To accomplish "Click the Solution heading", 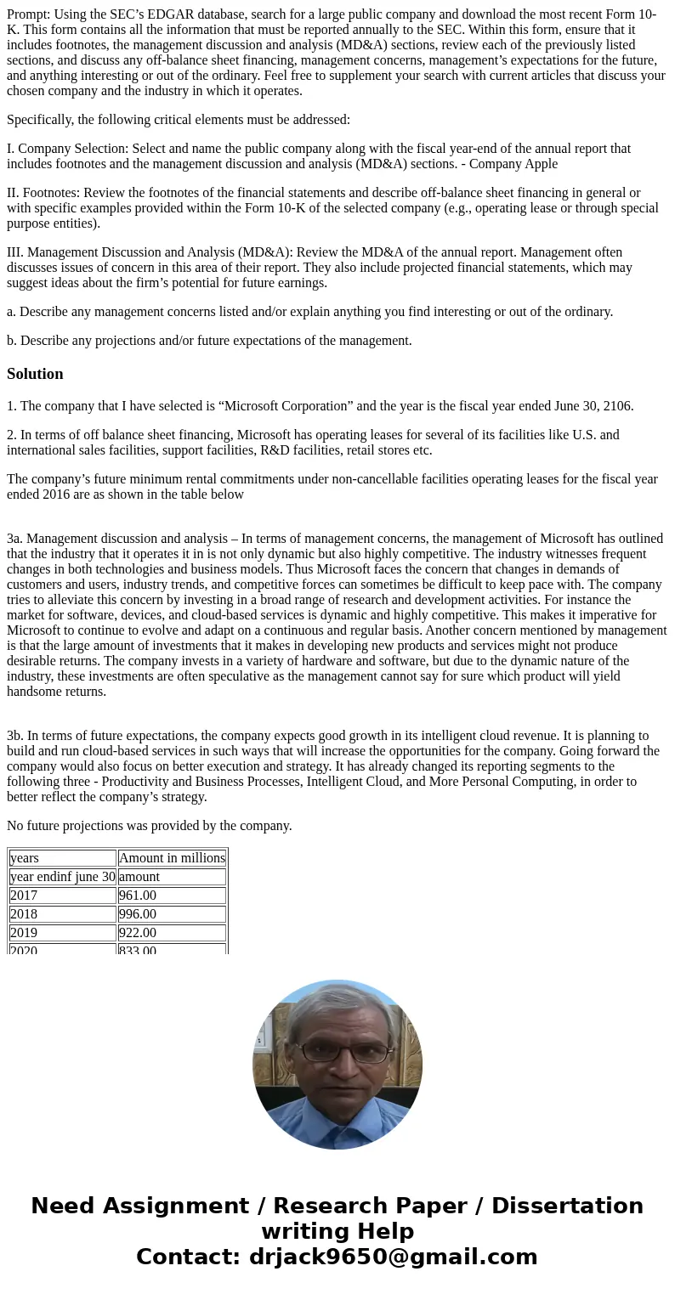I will tap(35, 374).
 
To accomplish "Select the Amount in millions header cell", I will tap(172, 858).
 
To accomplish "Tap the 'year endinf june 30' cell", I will tap(62, 877).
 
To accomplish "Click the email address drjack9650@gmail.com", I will tap(393, 1257).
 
